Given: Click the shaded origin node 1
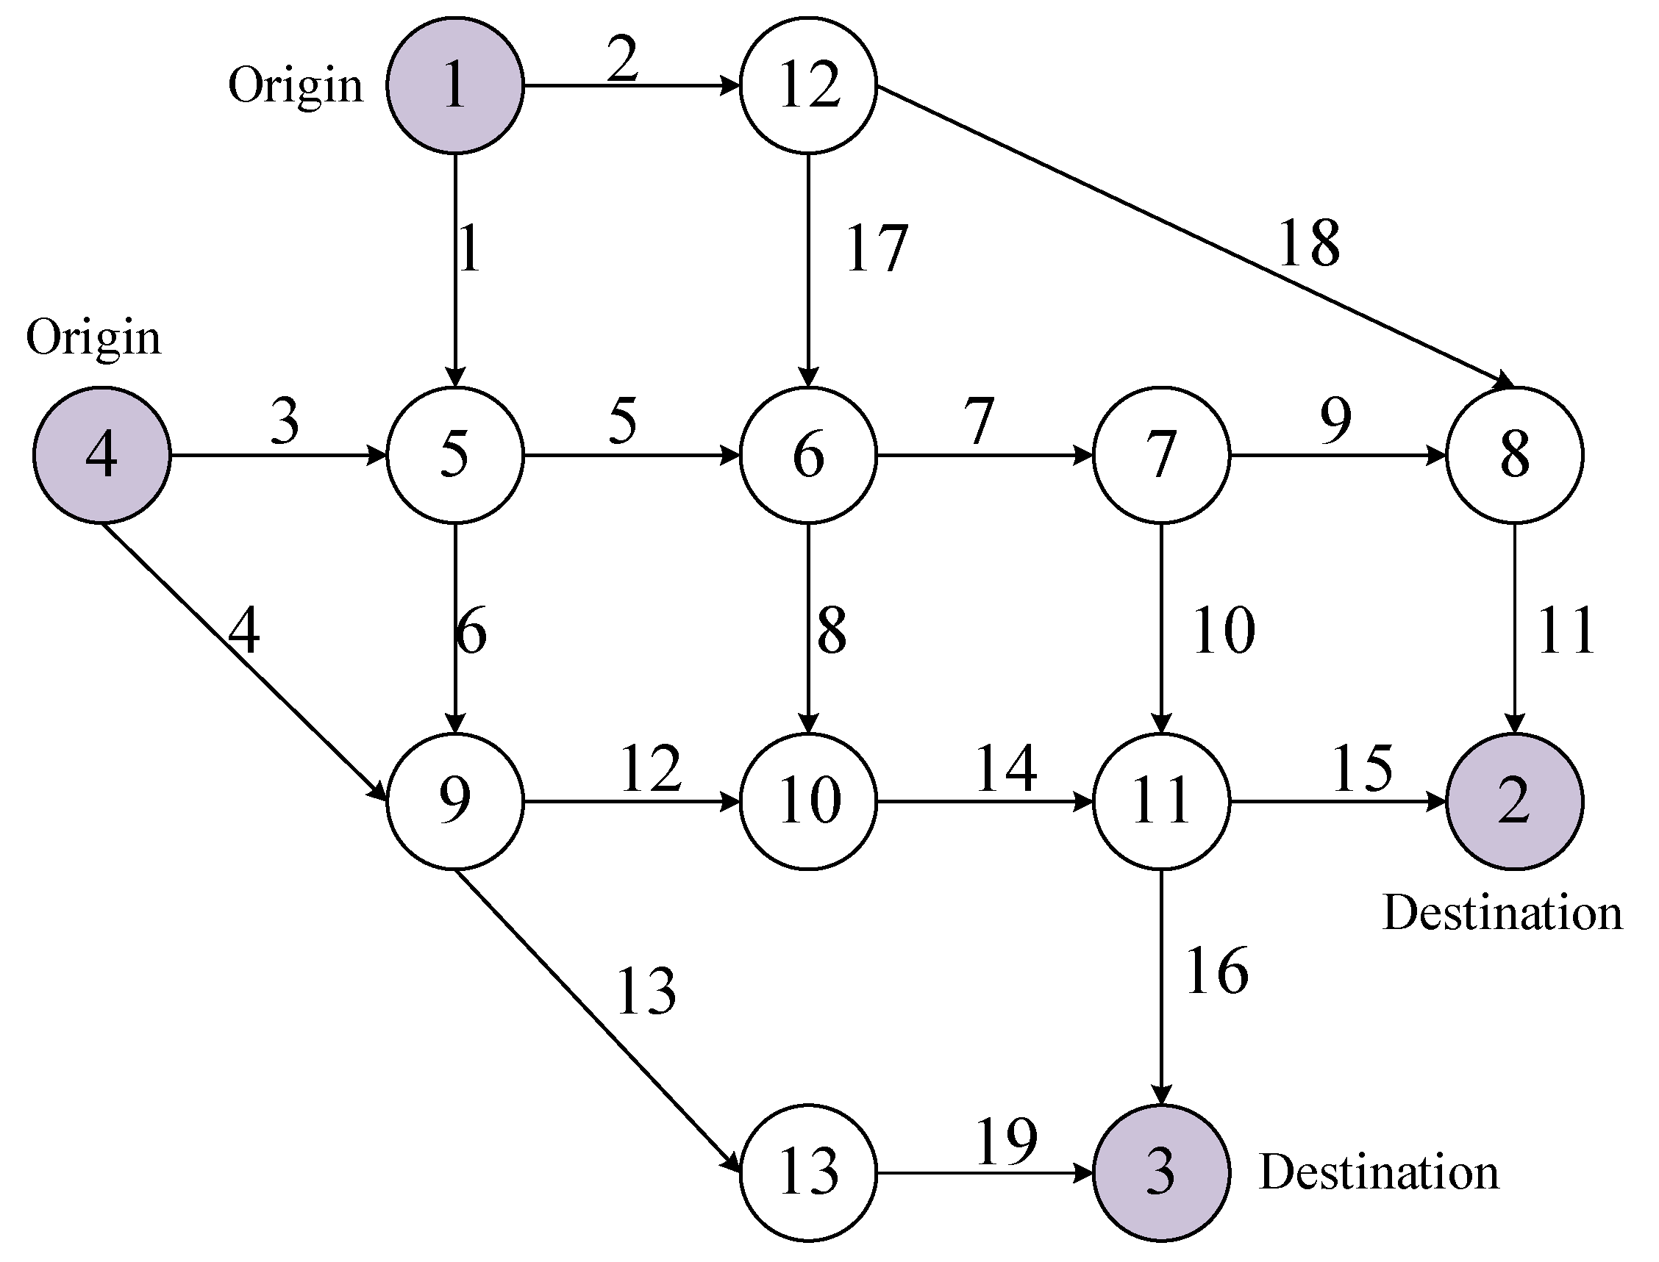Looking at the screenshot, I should [454, 85].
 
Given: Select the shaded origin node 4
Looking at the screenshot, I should [101, 454].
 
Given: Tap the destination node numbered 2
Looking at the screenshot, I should [1514, 800].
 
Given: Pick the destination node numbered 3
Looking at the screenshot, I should [1161, 1171].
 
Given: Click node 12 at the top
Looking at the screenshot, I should [808, 85].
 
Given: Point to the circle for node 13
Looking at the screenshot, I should [808, 1171].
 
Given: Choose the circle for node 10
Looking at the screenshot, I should [808, 800].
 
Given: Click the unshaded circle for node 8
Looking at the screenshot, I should [1514, 454].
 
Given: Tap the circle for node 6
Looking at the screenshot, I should [808, 454].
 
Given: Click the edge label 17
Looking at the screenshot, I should [876, 248].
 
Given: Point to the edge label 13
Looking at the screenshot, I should [646, 992].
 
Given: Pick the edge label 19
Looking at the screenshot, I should [1006, 1141].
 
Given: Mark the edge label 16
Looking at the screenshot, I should [1216, 971].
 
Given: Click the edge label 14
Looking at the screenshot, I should [1006, 768].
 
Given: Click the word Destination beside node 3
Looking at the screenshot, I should [1379, 1172].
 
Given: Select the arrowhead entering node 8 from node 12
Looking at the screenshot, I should [1503, 382].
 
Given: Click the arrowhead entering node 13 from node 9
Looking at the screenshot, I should [732, 1163].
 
